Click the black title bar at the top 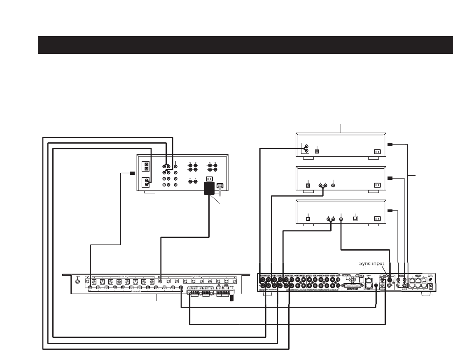click(x=245, y=45)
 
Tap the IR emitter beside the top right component click(x=390, y=144)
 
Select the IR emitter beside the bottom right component click(x=390, y=211)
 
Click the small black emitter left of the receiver click(x=132, y=173)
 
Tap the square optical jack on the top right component click(x=317, y=151)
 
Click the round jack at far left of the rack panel click(x=78, y=282)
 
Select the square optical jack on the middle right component click(x=308, y=185)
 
